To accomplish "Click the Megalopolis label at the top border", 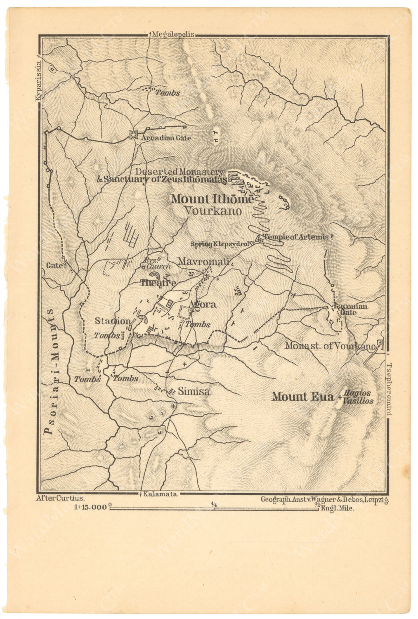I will click(x=173, y=35).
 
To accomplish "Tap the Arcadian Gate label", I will click(x=166, y=138).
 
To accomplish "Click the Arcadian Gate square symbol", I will click(x=133, y=135).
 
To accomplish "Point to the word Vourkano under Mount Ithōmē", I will click(x=212, y=211).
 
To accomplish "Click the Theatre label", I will click(x=158, y=283).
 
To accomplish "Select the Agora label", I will click(x=202, y=305).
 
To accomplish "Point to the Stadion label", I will click(x=113, y=321).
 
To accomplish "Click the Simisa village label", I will click(x=194, y=392).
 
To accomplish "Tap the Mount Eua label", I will click(x=302, y=397).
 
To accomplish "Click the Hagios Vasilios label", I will click(x=359, y=397).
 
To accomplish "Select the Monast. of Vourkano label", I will click(x=330, y=346).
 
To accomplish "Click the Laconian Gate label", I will click(x=351, y=309).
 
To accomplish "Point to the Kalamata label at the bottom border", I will click(x=161, y=494).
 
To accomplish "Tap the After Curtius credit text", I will click(x=60, y=498).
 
